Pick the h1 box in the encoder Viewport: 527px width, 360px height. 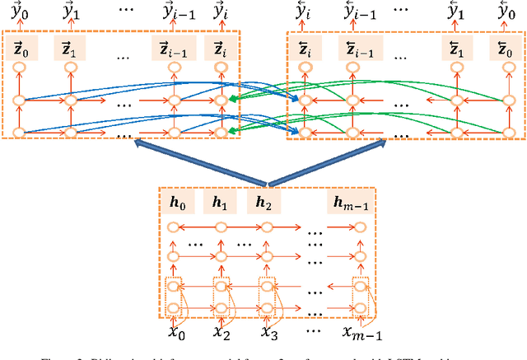[218, 203]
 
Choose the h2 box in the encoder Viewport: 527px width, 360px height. [263, 203]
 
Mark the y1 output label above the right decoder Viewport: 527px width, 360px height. [455, 12]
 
